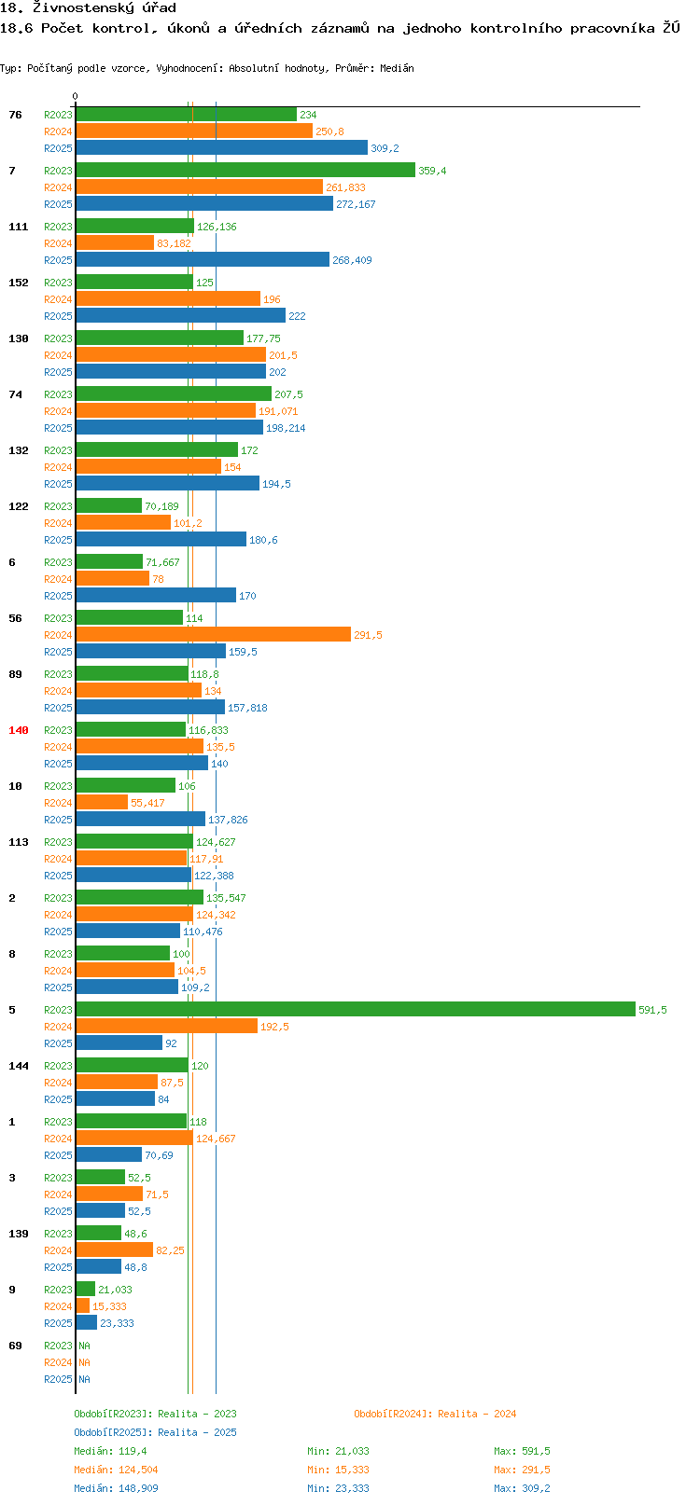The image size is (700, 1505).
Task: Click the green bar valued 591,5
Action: pos(355,1009)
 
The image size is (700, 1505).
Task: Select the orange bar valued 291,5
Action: pos(213,634)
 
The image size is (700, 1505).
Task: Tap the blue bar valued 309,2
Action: pos(222,148)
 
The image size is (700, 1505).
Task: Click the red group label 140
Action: pos(18,730)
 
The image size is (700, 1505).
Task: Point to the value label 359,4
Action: pos(432,171)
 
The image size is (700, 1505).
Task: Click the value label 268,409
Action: pos(352,260)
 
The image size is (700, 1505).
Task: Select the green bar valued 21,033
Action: pos(85,1289)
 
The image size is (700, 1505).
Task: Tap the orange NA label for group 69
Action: pos(84,1362)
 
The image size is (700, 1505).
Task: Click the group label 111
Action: pos(18,227)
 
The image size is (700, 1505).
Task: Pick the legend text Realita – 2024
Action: pos(477,1414)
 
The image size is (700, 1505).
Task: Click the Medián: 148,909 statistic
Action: pos(116,1488)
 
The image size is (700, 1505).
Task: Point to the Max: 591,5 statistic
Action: pos(522,1451)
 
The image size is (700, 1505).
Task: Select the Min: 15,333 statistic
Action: pos(338,1470)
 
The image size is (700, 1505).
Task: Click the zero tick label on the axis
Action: pos(75,96)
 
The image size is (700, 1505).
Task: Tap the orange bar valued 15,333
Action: pos(83,1305)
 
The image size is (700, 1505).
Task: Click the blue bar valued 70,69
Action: pos(109,1154)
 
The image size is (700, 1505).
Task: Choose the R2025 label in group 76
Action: pos(58,148)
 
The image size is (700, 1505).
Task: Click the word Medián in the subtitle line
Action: pos(397,68)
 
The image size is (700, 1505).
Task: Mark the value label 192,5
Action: pos(274,1027)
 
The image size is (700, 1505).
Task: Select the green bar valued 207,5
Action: pos(174,394)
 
